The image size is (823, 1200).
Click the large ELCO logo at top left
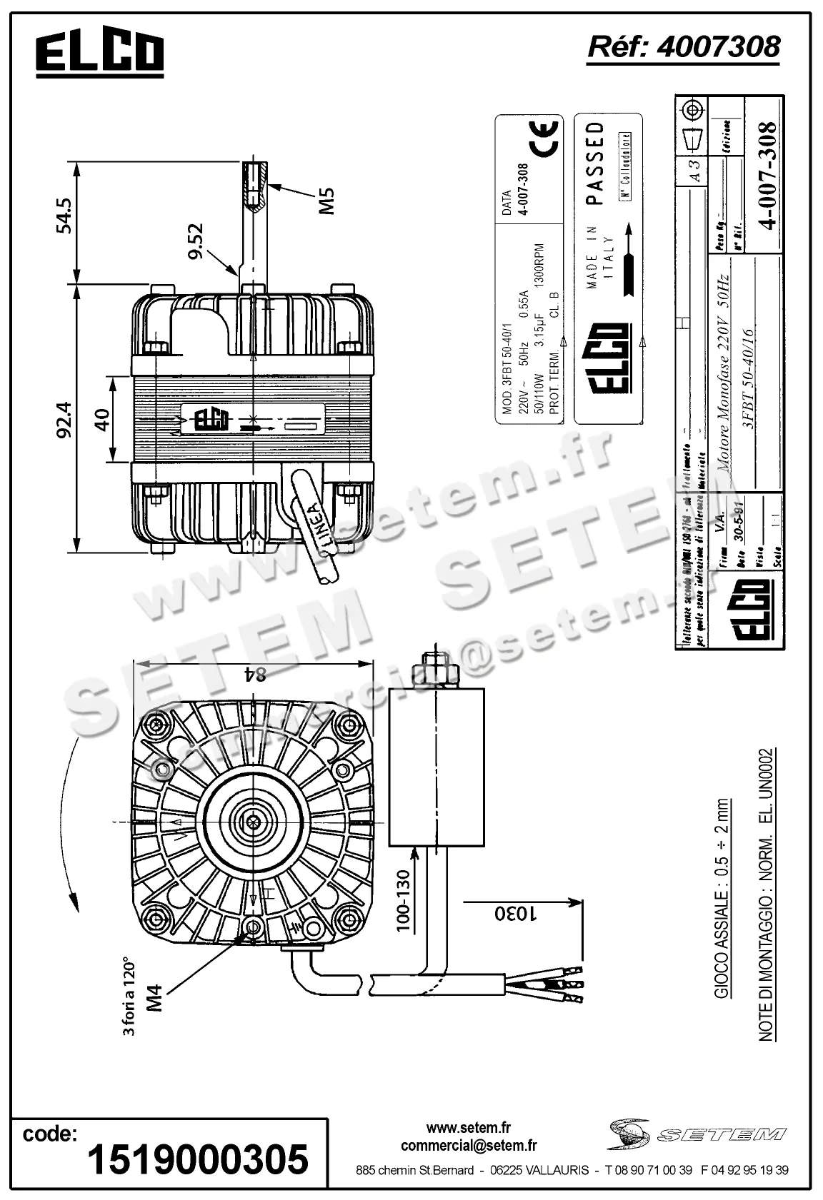tap(100, 54)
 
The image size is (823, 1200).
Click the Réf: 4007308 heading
tap(682, 47)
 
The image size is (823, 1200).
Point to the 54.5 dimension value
tap(64, 216)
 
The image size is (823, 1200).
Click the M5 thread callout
tap(326, 201)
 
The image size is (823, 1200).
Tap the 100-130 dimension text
tap(403, 900)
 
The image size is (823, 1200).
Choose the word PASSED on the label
tap(595, 163)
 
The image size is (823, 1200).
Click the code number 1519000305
tap(197, 1157)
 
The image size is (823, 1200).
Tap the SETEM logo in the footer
tap(697, 1134)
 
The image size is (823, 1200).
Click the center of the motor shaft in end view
tap(252, 821)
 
